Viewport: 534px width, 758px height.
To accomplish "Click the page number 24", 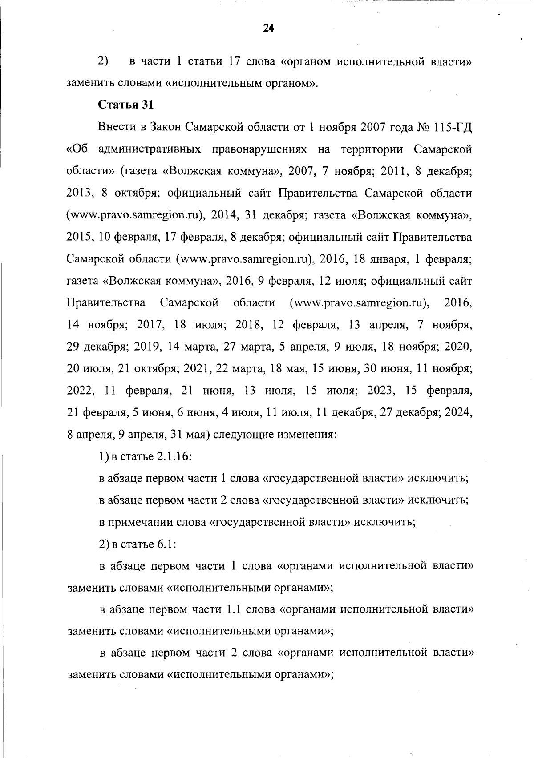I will (268, 28).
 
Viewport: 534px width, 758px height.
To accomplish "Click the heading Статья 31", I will (126, 105).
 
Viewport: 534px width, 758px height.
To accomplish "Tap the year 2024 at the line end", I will (460, 413).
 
